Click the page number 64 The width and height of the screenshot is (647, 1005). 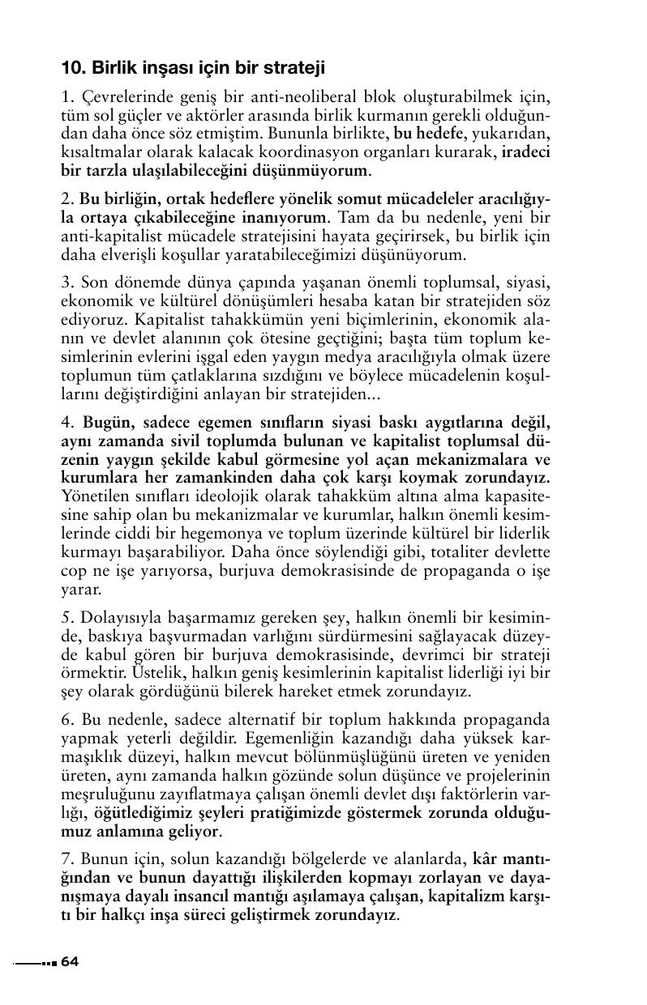69,961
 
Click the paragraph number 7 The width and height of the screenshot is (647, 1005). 66,859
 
